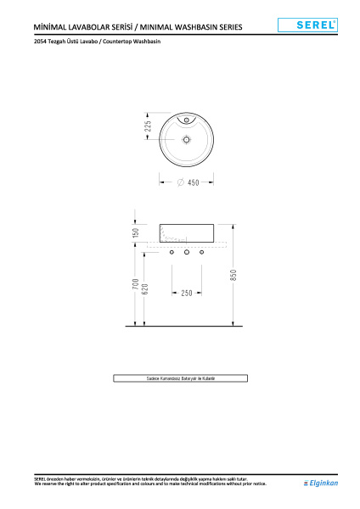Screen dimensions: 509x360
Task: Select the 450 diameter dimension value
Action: pyautogui.click(x=193, y=182)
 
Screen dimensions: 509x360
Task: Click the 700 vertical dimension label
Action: pyautogui.click(x=136, y=286)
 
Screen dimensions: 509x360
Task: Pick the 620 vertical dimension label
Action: pyautogui.click(x=145, y=288)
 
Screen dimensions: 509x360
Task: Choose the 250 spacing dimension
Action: pyautogui.click(x=187, y=293)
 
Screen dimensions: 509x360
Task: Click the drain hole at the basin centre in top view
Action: pyautogui.click(x=187, y=137)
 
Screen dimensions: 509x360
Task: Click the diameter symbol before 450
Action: pyautogui.click(x=180, y=182)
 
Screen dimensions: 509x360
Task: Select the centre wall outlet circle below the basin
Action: pyautogui.click(x=187, y=253)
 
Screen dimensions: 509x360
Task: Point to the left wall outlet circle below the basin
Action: pyautogui.click(x=172, y=253)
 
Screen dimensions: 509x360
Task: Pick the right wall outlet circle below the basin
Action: pyautogui.click(x=202, y=253)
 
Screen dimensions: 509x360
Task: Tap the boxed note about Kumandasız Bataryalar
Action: pyautogui.click(x=180, y=378)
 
